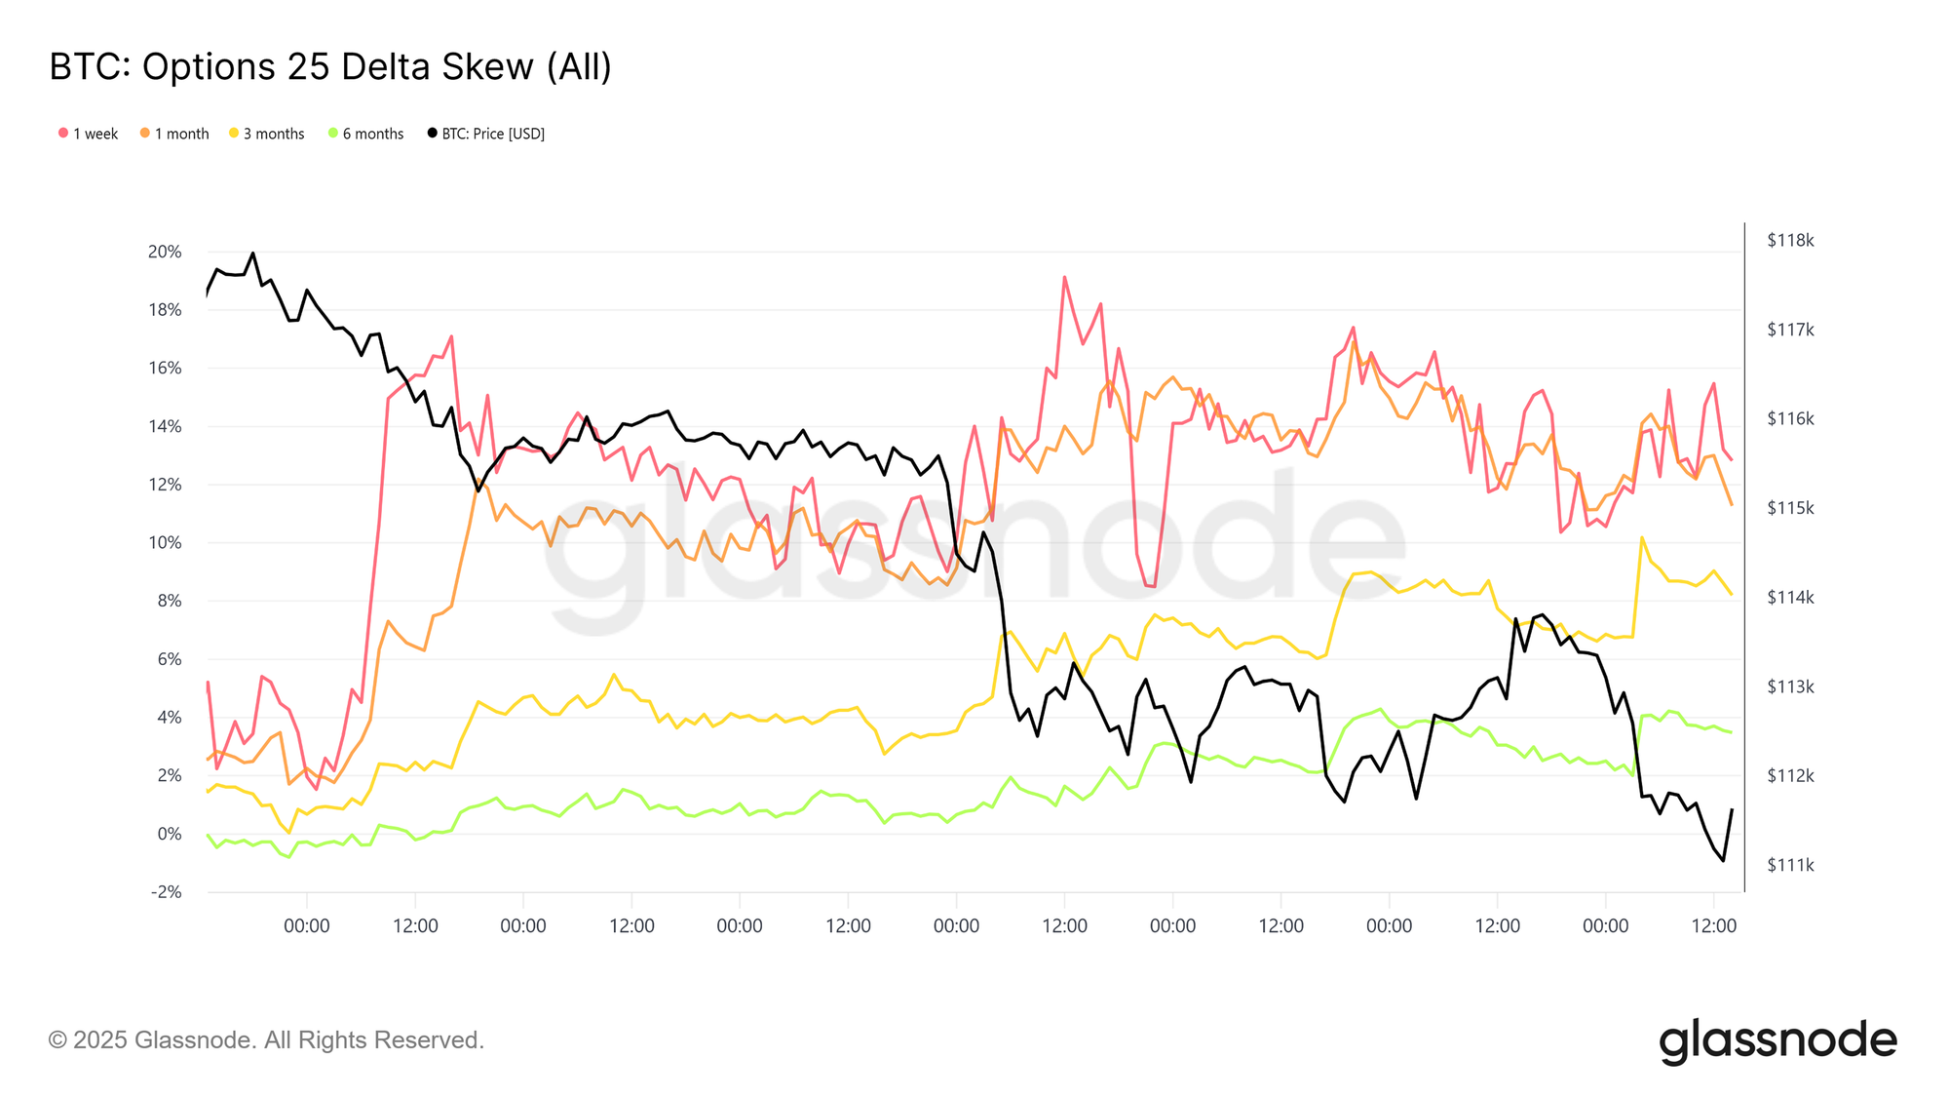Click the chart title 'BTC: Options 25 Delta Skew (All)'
click(x=330, y=66)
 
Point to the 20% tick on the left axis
click(x=165, y=252)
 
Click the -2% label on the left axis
click(x=166, y=892)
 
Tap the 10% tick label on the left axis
click(x=165, y=543)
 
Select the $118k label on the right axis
click(x=1790, y=241)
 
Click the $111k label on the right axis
click(x=1790, y=865)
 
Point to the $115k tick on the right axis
click(x=1790, y=508)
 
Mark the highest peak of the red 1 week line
click(x=1064, y=277)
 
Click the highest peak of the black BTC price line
click(x=252, y=254)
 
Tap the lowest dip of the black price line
click(x=1723, y=860)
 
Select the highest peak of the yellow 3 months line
click(x=1642, y=537)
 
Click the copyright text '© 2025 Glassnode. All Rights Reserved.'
click(x=266, y=1040)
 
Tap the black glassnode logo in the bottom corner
click(x=1777, y=1041)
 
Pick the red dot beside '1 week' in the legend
click(x=63, y=133)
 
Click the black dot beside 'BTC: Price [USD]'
click(x=432, y=133)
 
